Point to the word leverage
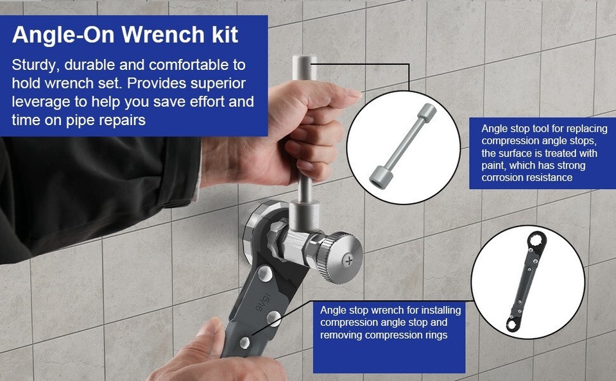[41, 102]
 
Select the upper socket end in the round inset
[425, 114]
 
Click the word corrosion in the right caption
[504, 178]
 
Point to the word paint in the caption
[494, 165]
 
